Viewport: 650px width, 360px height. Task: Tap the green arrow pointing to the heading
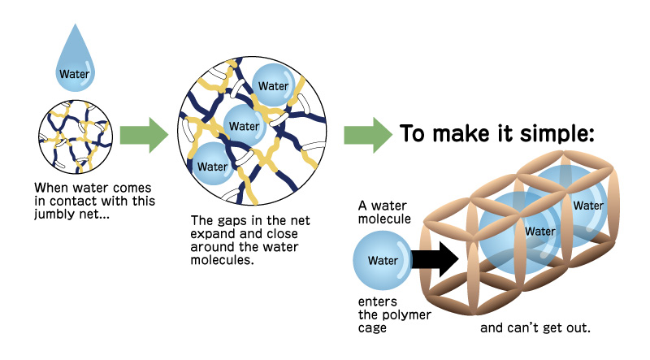coord(366,134)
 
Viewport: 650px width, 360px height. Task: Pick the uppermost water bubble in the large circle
coord(273,85)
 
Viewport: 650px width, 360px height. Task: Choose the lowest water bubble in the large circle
coord(213,166)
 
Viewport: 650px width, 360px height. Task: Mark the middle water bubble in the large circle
coord(243,125)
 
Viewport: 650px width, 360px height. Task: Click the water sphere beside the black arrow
coord(382,261)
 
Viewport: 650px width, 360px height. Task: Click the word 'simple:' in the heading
coord(561,133)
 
